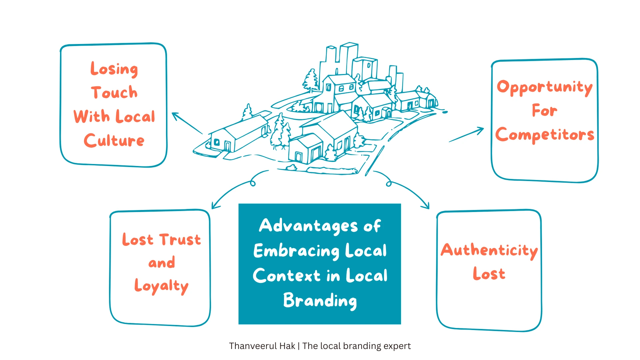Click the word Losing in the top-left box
(x=114, y=69)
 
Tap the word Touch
(x=114, y=93)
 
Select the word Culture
(x=114, y=141)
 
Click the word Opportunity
(x=544, y=87)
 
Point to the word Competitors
(x=545, y=135)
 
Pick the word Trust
(x=180, y=240)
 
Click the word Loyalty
(x=161, y=286)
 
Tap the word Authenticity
(x=489, y=250)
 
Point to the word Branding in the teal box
(x=320, y=301)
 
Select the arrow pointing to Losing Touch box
(x=187, y=123)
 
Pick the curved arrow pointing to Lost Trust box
(x=233, y=190)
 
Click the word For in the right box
(x=544, y=111)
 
